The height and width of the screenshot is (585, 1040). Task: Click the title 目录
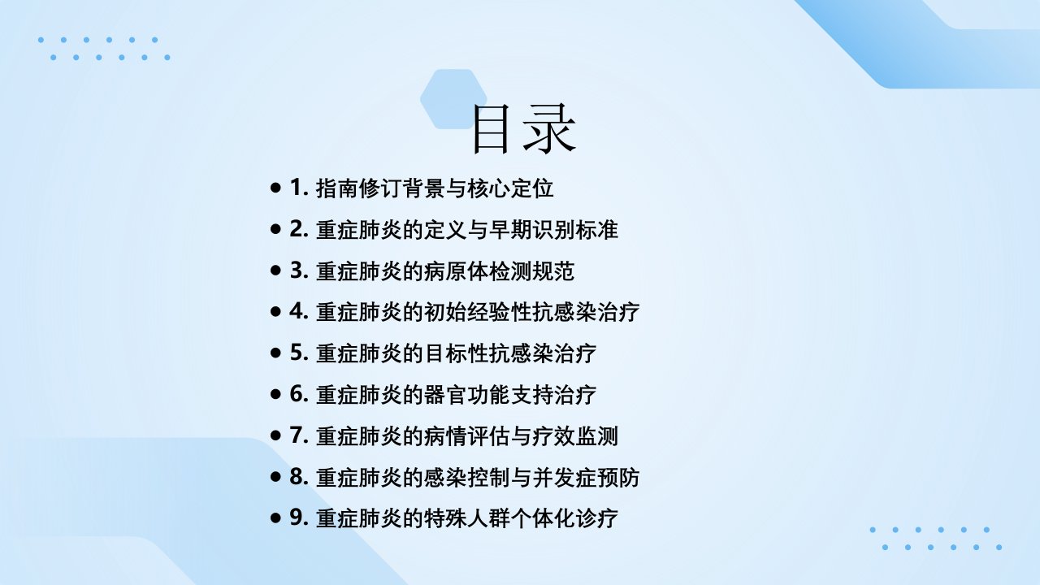(x=524, y=128)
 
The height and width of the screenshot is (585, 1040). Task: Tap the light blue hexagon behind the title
(x=453, y=99)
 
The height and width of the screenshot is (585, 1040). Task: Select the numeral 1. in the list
(x=299, y=188)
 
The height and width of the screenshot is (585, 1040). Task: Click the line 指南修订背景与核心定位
(x=435, y=188)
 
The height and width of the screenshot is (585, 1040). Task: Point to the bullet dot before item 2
(x=275, y=229)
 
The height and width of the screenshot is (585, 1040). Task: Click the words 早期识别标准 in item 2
(x=553, y=230)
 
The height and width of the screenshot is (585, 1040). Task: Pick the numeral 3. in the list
(x=299, y=271)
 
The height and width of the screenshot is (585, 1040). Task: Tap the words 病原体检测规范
(x=499, y=271)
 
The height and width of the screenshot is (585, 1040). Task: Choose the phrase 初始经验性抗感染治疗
(x=531, y=312)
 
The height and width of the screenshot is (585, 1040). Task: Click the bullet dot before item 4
(x=275, y=311)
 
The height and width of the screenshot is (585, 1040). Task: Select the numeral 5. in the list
(x=299, y=353)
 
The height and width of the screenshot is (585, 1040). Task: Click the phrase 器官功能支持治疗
(x=509, y=395)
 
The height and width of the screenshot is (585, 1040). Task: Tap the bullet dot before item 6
(x=275, y=394)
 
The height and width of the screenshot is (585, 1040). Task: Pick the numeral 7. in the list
(x=299, y=435)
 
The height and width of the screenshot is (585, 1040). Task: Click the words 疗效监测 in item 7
(x=574, y=436)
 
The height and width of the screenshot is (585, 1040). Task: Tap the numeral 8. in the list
(x=299, y=477)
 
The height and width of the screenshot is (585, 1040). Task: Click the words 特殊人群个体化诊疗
(x=521, y=518)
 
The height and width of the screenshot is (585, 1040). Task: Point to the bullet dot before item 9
(x=275, y=518)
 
